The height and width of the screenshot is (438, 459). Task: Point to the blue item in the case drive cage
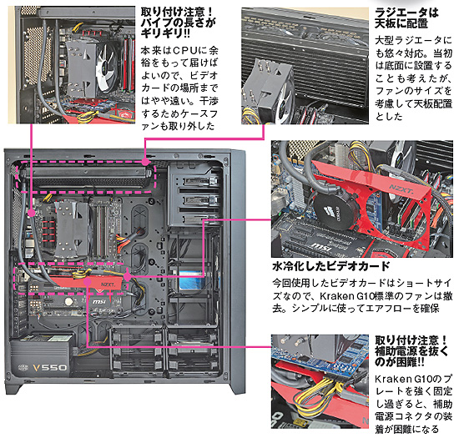click(193, 280)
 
